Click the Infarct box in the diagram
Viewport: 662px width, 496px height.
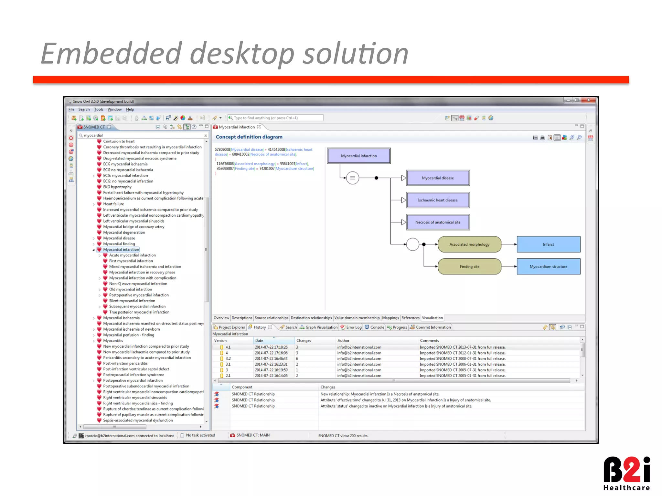[x=548, y=244]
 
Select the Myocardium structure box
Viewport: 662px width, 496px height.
[x=548, y=267]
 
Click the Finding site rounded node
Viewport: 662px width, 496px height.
[x=469, y=267]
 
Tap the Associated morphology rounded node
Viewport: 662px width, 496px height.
[x=469, y=244]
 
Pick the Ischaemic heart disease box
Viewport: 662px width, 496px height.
[x=438, y=200]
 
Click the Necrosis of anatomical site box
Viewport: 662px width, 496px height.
[x=438, y=222]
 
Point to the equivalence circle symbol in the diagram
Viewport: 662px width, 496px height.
[x=352, y=178]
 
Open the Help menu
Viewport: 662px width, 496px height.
[x=130, y=109]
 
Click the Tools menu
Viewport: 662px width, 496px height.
[x=99, y=109]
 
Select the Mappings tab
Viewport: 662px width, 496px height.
[x=390, y=318]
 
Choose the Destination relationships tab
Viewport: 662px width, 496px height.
[x=311, y=318]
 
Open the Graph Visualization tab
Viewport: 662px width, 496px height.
[x=321, y=327]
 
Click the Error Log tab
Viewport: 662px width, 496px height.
[x=354, y=327]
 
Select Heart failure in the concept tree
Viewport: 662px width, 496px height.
[x=113, y=204]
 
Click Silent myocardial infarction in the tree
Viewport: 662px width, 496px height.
[x=132, y=301]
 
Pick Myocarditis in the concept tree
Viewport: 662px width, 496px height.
[x=113, y=341]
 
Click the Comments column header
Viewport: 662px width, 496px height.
[x=429, y=341]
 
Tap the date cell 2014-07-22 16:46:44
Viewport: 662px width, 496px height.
[x=271, y=359]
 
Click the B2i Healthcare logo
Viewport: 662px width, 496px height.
[x=626, y=473]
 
